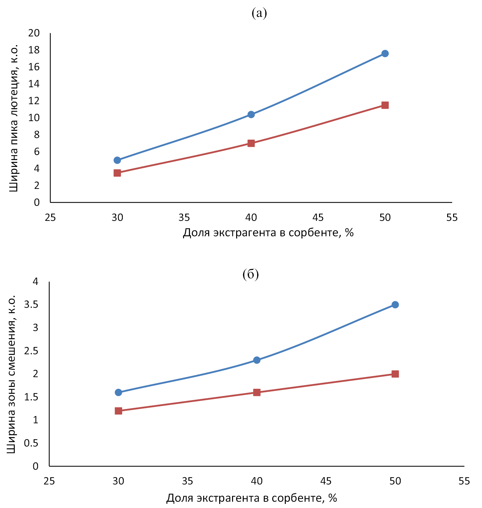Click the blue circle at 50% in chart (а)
pos(385,53)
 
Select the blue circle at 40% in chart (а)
pos(251,115)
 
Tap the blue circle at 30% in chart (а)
pos(117,160)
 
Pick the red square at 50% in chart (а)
pos(385,105)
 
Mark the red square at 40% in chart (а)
pos(251,143)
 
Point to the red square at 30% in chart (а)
pos(117,173)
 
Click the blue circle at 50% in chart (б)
pos(395,305)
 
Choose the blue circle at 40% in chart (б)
pos(257,360)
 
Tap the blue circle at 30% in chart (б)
pos(118,392)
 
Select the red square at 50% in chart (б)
pos(395,374)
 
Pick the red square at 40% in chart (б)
pos(257,392)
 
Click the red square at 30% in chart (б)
pos(118,411)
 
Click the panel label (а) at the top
pos(259,13)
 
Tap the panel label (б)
pos(251,274)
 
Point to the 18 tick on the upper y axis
pos(34,50)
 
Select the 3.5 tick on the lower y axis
pos(31,305)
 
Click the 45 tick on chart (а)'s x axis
pos(318,217)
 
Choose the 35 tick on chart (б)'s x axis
pos(187,481)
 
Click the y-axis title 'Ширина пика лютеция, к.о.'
pos(13,118)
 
